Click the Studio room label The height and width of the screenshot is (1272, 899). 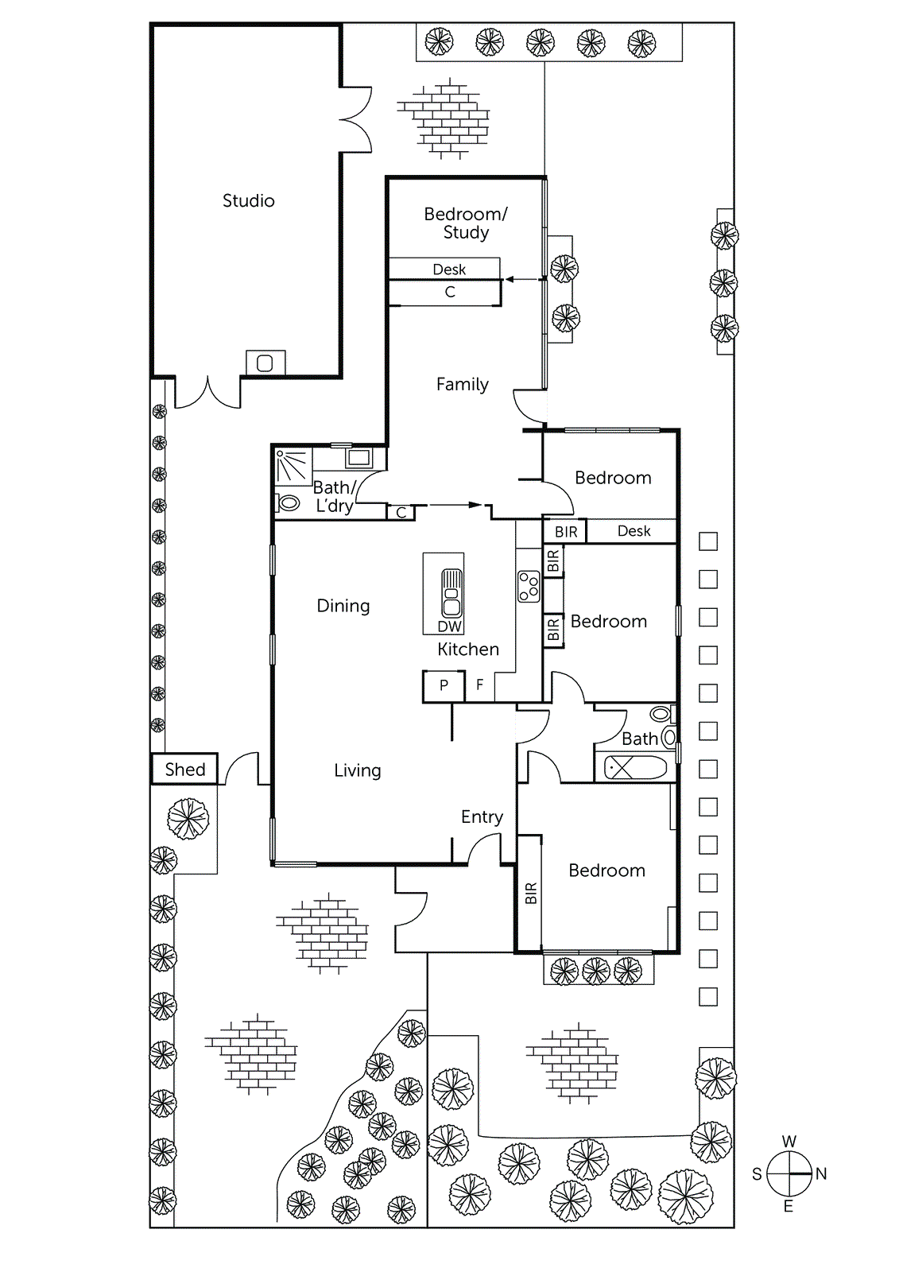[248, 201]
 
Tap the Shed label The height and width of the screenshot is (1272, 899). [184, 770]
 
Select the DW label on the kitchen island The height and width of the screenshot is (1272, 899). [449, 627]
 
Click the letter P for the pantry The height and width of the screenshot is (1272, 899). [444, 685]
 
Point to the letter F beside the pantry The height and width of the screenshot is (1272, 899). [479, 684]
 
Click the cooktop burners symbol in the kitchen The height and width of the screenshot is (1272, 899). [529, 587]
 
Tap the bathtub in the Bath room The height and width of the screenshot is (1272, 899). [636, 768]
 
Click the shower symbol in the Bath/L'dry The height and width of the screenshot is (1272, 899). [293, 467]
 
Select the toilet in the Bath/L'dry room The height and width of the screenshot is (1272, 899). [288, 502]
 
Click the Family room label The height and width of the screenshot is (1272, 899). [462, 385]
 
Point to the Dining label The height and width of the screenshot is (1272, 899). [343, 607]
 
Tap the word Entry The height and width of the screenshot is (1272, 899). [482, 817]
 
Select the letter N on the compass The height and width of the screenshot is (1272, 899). [821, 1174]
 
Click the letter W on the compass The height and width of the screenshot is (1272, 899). [789, 1142]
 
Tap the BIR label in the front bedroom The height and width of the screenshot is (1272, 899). [531, 893]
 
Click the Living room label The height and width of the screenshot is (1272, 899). [357, 770]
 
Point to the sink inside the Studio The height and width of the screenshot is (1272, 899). [265, 363]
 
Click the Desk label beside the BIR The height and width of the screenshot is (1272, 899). [634, 531]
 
